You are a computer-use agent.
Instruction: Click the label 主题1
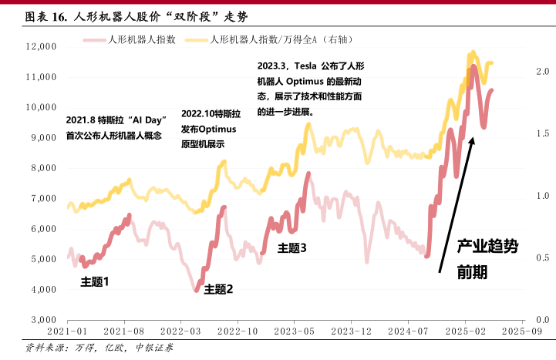pos(95,282)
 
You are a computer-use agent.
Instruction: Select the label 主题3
pos(292,247)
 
